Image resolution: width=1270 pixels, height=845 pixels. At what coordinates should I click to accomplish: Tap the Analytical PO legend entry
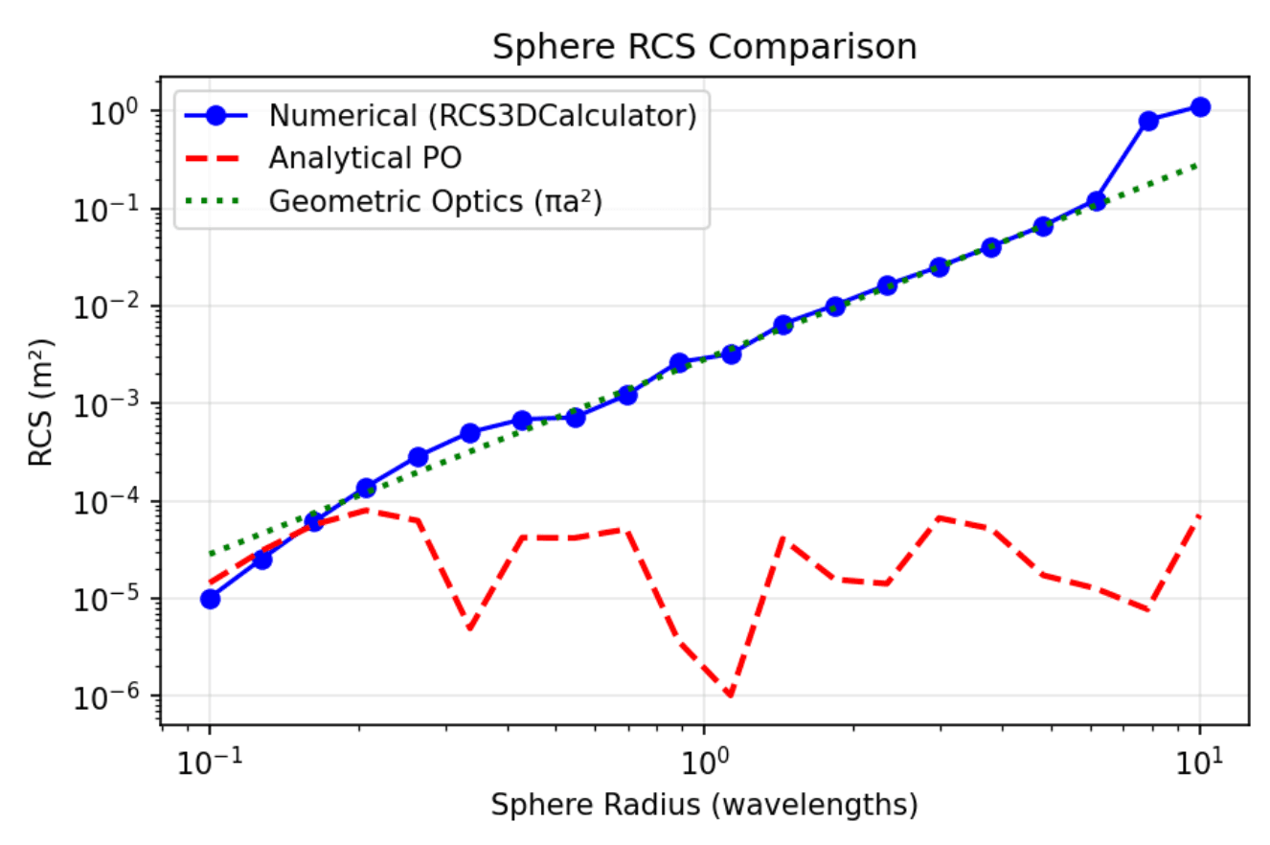pos(365,158)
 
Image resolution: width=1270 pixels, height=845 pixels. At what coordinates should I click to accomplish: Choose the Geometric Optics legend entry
pos(435,201)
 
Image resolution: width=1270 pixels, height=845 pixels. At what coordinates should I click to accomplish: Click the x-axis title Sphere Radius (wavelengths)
pos(704,807)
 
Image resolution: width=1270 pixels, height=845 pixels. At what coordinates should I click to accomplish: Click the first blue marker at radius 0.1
pos(210,599)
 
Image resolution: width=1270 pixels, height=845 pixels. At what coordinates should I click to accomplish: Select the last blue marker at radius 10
pos(1200,106)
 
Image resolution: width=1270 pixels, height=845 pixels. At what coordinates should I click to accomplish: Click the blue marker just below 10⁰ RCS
pos(1148,121)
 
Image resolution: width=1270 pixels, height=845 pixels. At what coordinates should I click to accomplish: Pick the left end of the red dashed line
pos(210,582)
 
